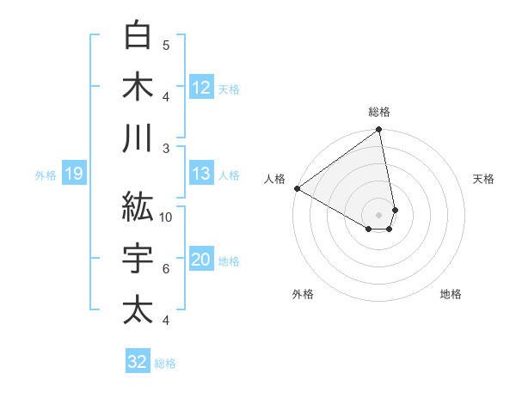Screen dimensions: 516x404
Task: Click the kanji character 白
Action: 138,35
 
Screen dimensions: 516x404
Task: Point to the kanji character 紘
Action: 138,206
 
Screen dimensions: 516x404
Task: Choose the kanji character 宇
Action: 138,258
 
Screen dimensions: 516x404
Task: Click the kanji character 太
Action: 138,309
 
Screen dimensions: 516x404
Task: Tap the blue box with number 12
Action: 200,88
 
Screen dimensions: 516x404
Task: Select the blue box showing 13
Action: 200,174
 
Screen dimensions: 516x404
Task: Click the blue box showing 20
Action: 200,260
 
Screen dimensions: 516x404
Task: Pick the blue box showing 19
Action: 74,174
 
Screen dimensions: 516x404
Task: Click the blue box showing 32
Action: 138,362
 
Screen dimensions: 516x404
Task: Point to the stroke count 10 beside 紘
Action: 166,217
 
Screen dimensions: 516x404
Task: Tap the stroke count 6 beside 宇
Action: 166,269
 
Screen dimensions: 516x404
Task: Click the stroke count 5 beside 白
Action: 166,45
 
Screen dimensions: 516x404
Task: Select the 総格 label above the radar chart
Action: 379,112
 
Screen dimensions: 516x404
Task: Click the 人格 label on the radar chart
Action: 274,179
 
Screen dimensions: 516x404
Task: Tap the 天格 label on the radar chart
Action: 484,179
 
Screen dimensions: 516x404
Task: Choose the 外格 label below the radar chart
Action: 303,294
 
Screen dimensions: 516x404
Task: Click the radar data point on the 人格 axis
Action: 297,187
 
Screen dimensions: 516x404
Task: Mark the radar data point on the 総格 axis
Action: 379,131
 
